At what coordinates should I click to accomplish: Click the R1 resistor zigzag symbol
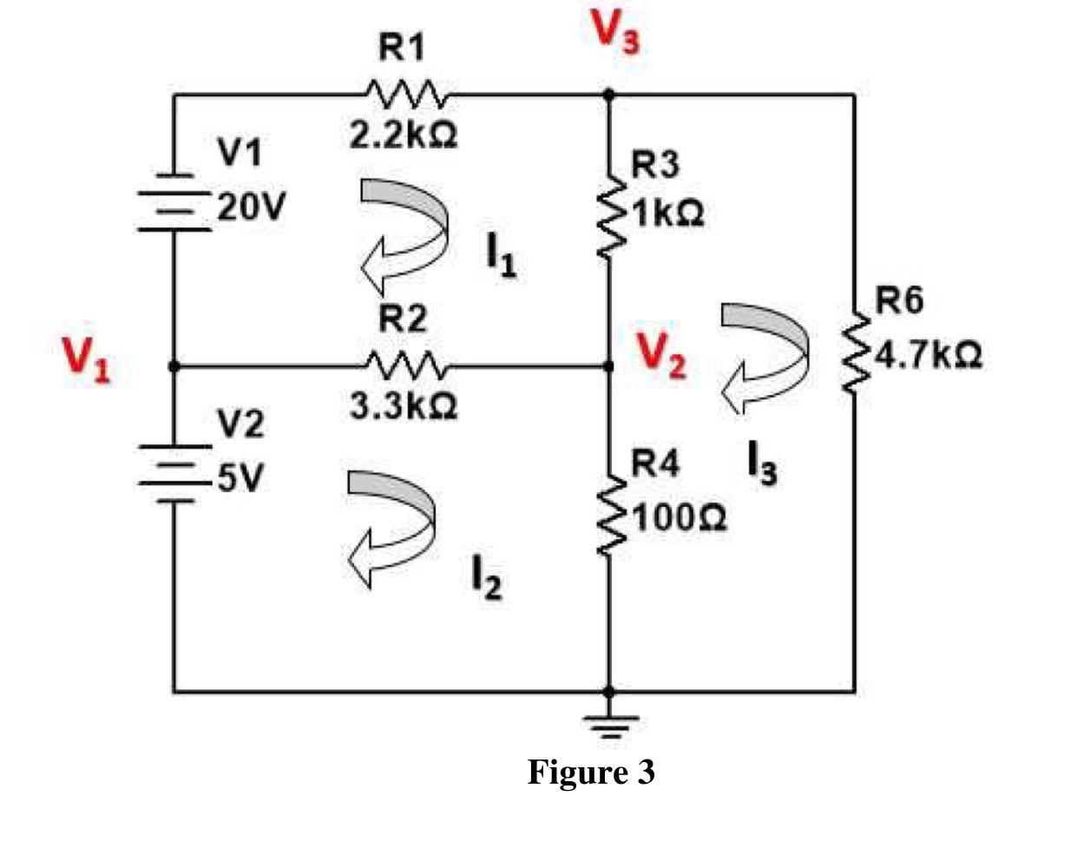[x=406, y=93]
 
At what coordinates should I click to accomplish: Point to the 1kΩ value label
[x=667, y=213]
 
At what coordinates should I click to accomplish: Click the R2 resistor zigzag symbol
[x=406, y=365]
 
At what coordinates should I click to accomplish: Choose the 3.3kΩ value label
[x=404, y=405]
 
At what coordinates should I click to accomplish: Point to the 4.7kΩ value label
[x=928, y=355]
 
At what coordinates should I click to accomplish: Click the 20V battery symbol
[x=174, y=204]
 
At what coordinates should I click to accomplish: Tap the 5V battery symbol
[x=174, y=473]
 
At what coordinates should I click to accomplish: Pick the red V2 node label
[x=661, y=355]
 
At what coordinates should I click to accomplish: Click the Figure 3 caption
[x=591, y=771]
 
